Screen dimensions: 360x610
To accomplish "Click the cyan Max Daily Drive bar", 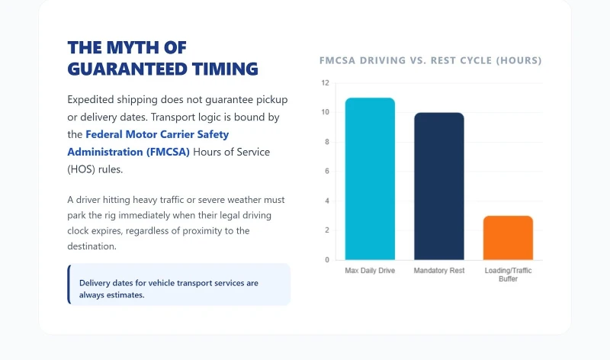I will pyautogui.click(x=370, y=179).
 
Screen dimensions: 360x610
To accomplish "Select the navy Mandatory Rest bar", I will pyautogui.click(x=438, y=186).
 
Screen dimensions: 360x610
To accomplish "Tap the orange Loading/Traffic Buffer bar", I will pyautogui.click(x=508, y=237).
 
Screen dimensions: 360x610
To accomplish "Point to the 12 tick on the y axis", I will pyautogui.click(x=326, y=83).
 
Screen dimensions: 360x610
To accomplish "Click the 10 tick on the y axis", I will pyautogui.click(x=326, y=113).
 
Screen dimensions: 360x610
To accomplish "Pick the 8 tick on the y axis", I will pyautogui.click(x=327, y=142).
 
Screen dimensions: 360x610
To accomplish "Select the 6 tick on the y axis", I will pyautogui.click(x=327, y=172).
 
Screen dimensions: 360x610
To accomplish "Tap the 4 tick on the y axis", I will pyautogui.click(x=327, y=201).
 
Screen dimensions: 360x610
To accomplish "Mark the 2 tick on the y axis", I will pyautogui.click(x=327, y=230).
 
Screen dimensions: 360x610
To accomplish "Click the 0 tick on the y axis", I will pyautogui.click(x=327, y=260).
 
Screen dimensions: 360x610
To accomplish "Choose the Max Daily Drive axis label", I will pyautogui.click(x=370, y=271).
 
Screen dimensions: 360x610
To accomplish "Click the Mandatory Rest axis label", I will pyautogui.click(x=438, y=271).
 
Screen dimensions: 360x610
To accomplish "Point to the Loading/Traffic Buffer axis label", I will pyautogui.click(x=508, y=275).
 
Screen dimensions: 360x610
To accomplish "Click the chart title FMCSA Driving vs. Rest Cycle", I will pyautogui.click(x=431, y=60).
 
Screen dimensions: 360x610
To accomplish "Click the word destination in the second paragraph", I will pyautogui.click(x=91, y=246).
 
